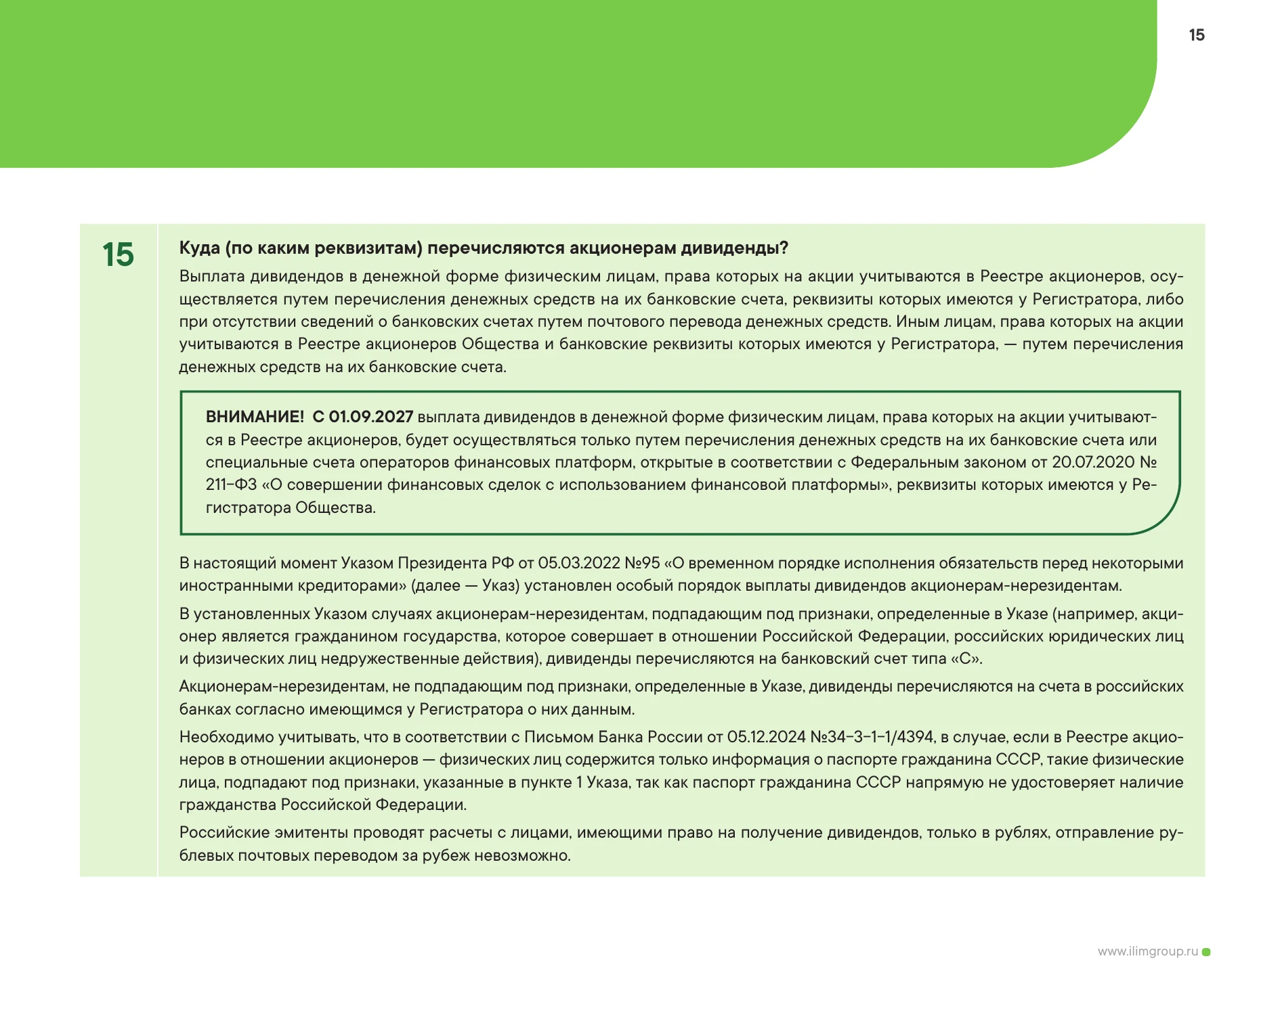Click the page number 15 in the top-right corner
coord(1196,35)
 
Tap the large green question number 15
coord(118,255)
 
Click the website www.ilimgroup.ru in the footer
coord(1147,951)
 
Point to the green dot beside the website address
coord(1206,952)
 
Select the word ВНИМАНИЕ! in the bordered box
coord(255,417)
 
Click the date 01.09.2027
coord(370,417)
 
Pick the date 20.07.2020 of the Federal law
coord(1092,462)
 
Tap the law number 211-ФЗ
coord(231,485)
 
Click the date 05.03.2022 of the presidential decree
coord(579,563)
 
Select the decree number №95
coord(642,563)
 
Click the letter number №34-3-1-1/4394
coord(872,737)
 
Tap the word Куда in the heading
coord(200,248)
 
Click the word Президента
coord(442,563)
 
